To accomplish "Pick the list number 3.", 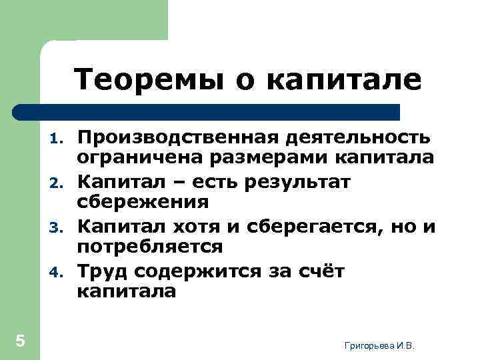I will [57, 227].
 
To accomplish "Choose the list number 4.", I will [57, 271].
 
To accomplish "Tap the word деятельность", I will [359, 137].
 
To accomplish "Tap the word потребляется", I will [149, 246].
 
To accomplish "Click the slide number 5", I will [20, 341].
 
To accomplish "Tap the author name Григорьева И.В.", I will [379, 345].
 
